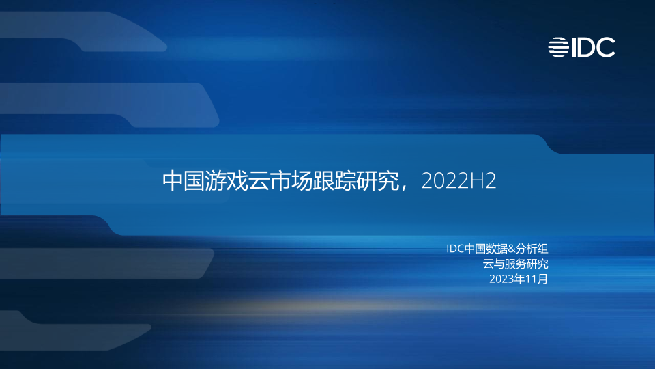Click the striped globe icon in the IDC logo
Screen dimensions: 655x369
point(559,47)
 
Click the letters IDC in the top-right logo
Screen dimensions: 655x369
point(593,47)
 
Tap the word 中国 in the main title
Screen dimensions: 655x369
point(184,181)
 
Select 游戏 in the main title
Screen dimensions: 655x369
point(226,181)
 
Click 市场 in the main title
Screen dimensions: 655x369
point(291,181)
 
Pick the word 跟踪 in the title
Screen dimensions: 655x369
point(334,181)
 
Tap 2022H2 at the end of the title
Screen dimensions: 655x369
point(458,181)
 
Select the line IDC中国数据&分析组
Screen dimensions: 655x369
point(497,249)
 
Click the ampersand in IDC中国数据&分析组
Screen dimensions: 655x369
point(511,249)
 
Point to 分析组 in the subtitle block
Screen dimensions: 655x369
point(532,249)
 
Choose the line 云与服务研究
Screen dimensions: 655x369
point(516,264)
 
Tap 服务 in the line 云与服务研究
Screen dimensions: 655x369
point(516,264)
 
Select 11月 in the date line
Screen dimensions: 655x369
point(537,279)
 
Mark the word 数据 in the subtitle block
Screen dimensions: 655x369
point(497,249)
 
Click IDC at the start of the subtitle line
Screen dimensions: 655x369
point(455,249)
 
